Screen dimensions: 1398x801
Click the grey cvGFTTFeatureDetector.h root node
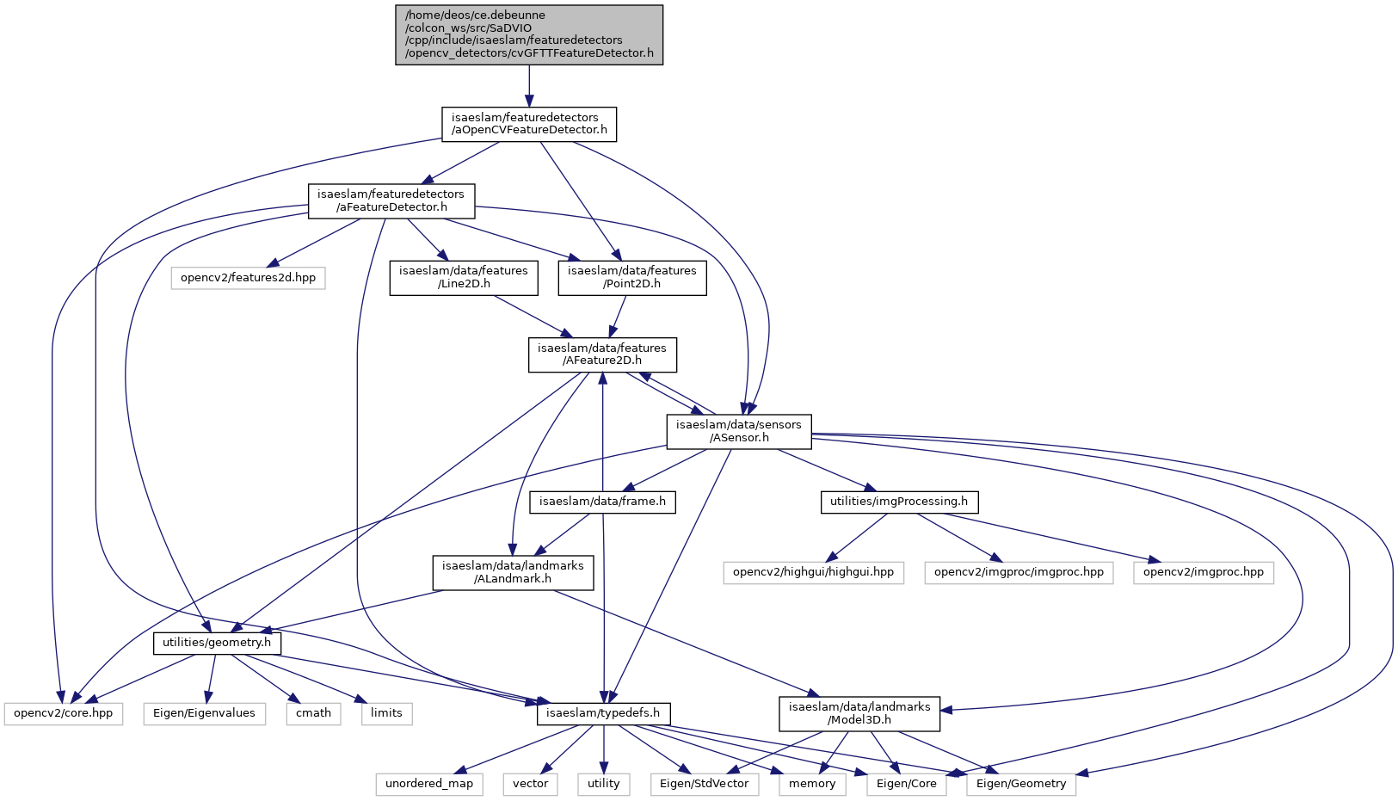tap(529, 35)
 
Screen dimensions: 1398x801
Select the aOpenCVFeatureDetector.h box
tap(529, 124)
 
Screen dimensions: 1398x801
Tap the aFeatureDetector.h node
tap(391, 201)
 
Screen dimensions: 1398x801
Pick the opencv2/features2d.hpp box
tap(249, 278)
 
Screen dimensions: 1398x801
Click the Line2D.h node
tap(464, 278)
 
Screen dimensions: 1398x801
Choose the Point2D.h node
tap(632, 278)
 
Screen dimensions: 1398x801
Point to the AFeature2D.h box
tap(602, 354)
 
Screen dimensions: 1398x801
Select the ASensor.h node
tap(739, 431)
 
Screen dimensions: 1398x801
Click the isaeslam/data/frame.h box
tap(602, 502)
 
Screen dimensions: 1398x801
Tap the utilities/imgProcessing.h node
tap(899, 502)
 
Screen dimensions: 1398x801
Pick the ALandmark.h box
tap(513, 572)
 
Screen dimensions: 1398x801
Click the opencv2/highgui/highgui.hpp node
tap(814, 572)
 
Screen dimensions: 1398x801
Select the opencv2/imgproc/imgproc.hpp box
tap(1019, 572)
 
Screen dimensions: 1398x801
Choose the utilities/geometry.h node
tap(217, 643)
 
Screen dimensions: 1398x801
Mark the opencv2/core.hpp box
tap(64, 713)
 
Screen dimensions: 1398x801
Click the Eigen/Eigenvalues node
tap(205, 713)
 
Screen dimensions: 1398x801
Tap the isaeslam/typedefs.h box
tap(604, 713)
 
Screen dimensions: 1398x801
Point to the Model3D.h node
tap(859, 713)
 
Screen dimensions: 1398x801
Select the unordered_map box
tap(429, 784)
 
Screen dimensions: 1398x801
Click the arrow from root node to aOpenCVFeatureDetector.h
tap(529, 86)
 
